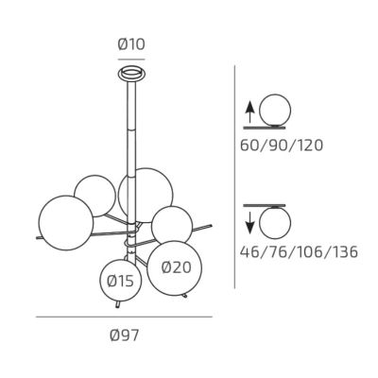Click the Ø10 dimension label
tap(131, 44)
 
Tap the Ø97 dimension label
tap(124, 335)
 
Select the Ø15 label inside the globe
tap(120, 281)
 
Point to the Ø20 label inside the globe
tap(176, 267)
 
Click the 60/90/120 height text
tap(282, 146)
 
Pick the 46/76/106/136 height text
tap(299, 252)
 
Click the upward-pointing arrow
tap(249, 112)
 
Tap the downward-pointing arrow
tap(249, 223)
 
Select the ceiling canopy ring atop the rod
tap(131, 74)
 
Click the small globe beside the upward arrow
tap(275, 111)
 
